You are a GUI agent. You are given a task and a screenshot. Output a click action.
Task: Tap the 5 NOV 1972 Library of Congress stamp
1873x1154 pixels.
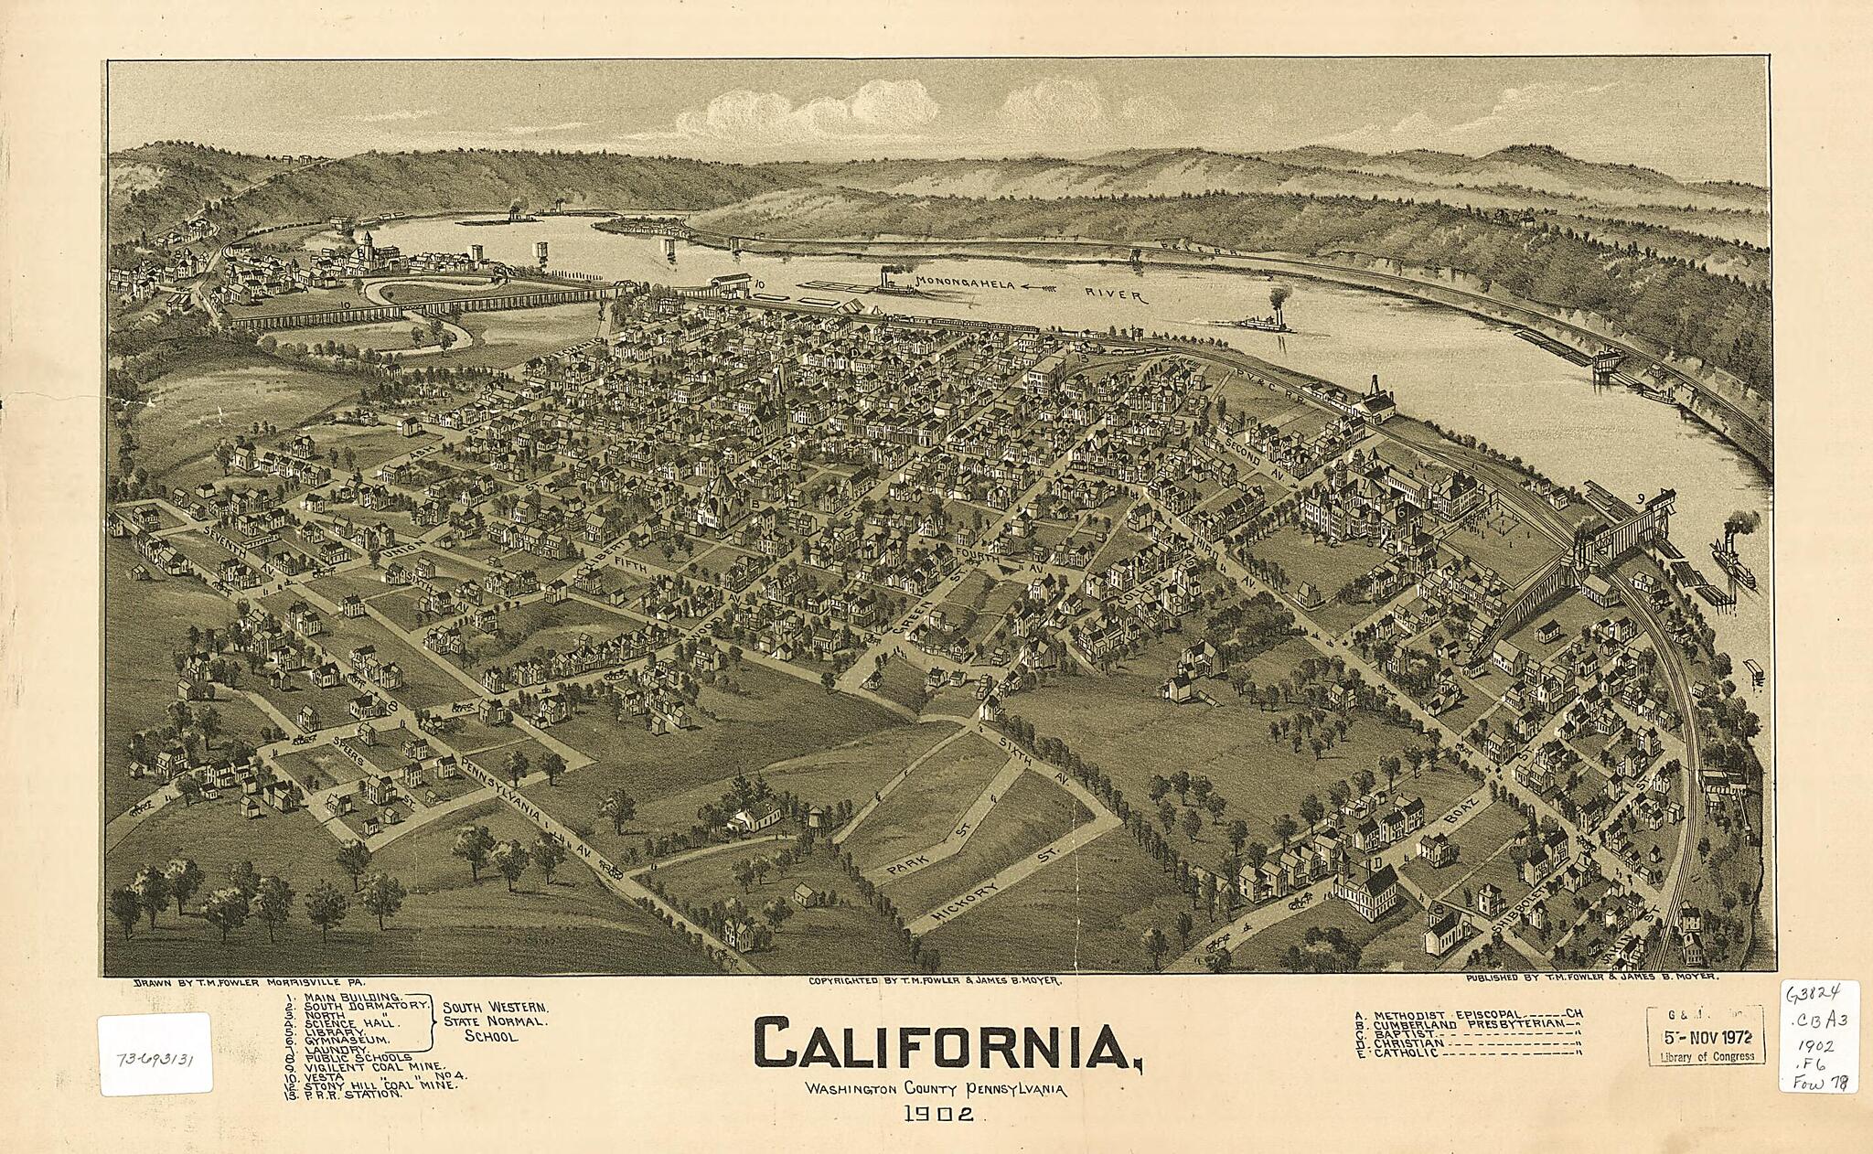click(1706, 1036)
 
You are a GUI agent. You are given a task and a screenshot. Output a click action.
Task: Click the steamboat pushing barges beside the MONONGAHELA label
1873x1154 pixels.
click(892, 283)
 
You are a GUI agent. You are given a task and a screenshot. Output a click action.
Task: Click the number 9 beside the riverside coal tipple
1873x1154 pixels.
click(1642, 498)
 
